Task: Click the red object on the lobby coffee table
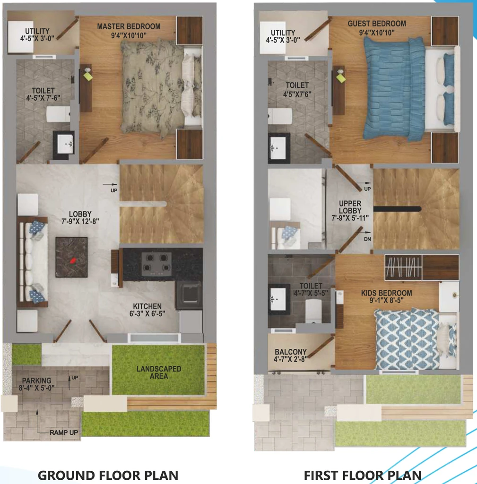pos(73,260)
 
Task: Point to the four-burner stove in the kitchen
pos(157,264)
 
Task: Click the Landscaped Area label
pos(159,372)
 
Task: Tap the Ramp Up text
pos(64,432)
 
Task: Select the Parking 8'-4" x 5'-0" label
pos(36,384)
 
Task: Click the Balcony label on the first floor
pos(290,355)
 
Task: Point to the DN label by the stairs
pos(367,239)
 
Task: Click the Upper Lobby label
pos(350,211)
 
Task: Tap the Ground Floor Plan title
pos(108,475)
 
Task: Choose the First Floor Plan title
pos(363,475)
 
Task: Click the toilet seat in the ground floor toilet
pos(58,114)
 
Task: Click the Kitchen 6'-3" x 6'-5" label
pos(147,310)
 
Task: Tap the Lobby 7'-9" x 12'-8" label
pos(80,217)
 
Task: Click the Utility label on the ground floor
pos(37,35)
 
